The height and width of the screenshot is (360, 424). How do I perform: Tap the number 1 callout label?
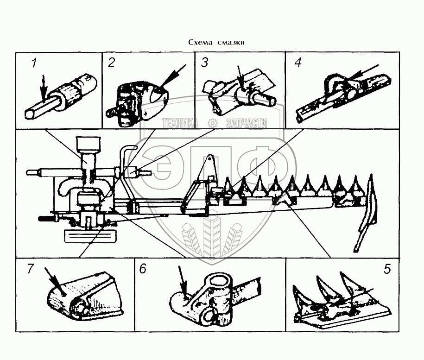[x=34, y=63]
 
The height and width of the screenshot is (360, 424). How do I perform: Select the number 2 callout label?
[x=111, y=63]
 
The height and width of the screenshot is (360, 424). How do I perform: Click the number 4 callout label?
[x=298, y=63]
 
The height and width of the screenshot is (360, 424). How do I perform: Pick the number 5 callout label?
[x=387, y=269]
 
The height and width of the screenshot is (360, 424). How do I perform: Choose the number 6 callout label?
[x=143, y=269]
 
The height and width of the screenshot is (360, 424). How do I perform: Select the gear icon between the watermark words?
[x=213, y=123]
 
